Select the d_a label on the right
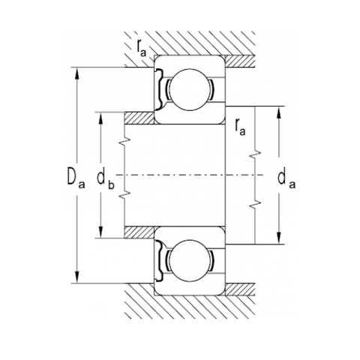pyautogui.click(x=284, y=178)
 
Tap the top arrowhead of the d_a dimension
pyautogui.click(x=280, y=111)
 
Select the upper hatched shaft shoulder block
pyautogui.click(x=139, y=119)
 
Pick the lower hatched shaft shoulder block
pyautogui.click(x=139, y=232)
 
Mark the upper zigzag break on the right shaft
pyautogui.click(x=256, y=153)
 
